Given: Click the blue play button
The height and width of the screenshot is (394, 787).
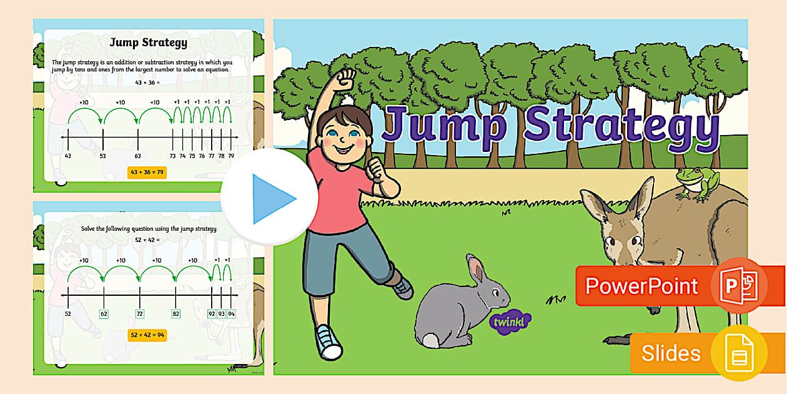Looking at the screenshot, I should (270, 198).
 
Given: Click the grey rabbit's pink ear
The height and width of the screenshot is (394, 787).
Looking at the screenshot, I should (477, 270).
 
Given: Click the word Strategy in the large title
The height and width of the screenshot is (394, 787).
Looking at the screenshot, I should (621, 127).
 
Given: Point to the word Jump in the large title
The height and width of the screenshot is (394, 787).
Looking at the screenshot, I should (444, 125).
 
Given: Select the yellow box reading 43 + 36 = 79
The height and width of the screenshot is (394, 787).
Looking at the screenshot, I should (147, 172).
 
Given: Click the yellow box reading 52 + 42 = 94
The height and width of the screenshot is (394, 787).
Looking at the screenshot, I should (147, 335).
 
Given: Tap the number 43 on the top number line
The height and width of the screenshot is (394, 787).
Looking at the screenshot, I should (67, 155).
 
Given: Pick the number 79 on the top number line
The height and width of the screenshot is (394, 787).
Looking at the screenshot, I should (231, 155).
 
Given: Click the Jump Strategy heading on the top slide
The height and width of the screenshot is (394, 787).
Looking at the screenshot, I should (148, 43).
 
